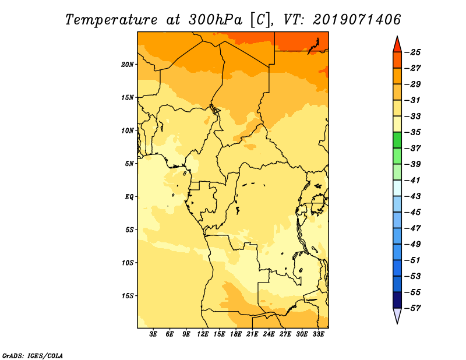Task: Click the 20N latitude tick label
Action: tap(128, 65)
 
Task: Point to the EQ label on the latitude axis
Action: tap(129, 197)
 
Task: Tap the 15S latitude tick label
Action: tap(128, 296)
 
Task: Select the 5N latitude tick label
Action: tap(129, 164)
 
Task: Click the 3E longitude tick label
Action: tap(153, 334)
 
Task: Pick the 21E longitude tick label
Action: tap(252, 334)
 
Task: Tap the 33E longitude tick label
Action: tap(318, 334)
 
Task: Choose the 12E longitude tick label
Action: tap(203, 334)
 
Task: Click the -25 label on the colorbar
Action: tap(413, 52)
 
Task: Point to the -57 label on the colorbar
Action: tap(413, 308)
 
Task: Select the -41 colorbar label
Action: tap(413, 181)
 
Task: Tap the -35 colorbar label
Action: tap(413, 132)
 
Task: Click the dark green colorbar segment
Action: tap(397, 140)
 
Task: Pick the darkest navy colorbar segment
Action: tap(397, 300)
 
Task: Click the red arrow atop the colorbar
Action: tap(397, 45)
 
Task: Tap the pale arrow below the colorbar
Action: tap(397, 316)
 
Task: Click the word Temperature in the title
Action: tap(111, 20)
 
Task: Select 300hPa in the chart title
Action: tap(215, 20)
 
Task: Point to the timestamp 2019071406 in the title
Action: tap(357, 19)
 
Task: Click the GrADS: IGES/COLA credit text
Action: tap(33, 355)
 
